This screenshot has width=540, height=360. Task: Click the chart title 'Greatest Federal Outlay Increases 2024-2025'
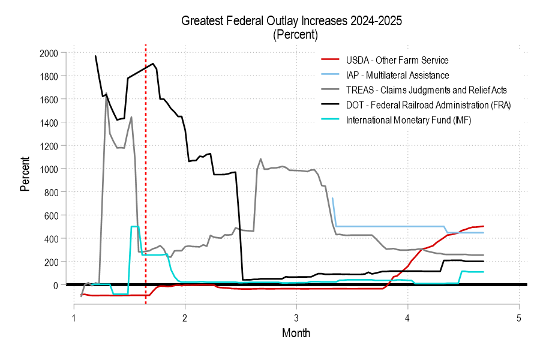click(x=292, y=21)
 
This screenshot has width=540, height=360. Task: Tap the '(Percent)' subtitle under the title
click(x=295, y=34)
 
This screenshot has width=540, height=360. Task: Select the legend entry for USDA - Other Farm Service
click(x=397, y=60)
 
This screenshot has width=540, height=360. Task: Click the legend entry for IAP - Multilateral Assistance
click(x=397, y=75)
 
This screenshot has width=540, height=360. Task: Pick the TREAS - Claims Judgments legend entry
click(x=427, y=90)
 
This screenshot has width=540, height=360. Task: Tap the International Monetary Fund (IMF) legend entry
click(x=409, y=120)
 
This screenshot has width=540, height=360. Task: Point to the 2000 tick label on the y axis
click(x=49, y=53)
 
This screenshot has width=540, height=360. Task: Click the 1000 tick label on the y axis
click(x=49, y=169)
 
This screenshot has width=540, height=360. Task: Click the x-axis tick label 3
click(x=296, y=317)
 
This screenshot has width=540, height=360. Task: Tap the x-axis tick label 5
click(x=519, y=317)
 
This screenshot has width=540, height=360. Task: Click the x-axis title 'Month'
click(x=296, y=332)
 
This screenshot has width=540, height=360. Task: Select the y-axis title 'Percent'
click(x=25, y=173)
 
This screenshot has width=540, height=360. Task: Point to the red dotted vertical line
click(x=146, y=180)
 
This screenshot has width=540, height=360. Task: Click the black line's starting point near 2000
click(x=95, y=56)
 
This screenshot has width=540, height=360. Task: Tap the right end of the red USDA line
click(x=483, y=226)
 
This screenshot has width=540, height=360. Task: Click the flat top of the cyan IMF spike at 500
click(x=135, y=226)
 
